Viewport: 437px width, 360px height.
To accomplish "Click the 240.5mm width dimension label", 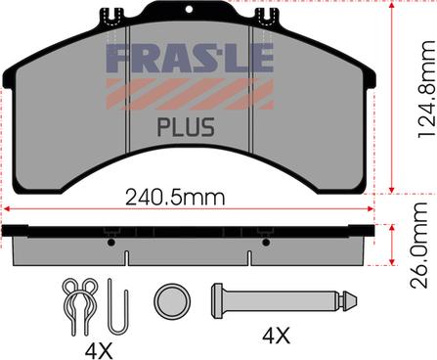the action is (x=175, y=198).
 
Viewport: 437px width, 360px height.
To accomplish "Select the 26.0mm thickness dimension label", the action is (x=418, y=246).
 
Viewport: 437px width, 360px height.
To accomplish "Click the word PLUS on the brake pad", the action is (x=186, y=127).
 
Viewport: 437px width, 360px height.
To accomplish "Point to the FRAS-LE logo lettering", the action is (x=190, y=58).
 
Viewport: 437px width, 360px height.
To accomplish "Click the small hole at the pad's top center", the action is (x=189, y=9).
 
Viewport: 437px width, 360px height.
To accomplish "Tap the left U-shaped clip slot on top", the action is (x=112, y=16).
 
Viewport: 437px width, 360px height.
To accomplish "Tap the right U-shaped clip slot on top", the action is (x=265, y=16).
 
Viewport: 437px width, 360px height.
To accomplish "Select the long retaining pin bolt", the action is (x=284, y=300).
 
